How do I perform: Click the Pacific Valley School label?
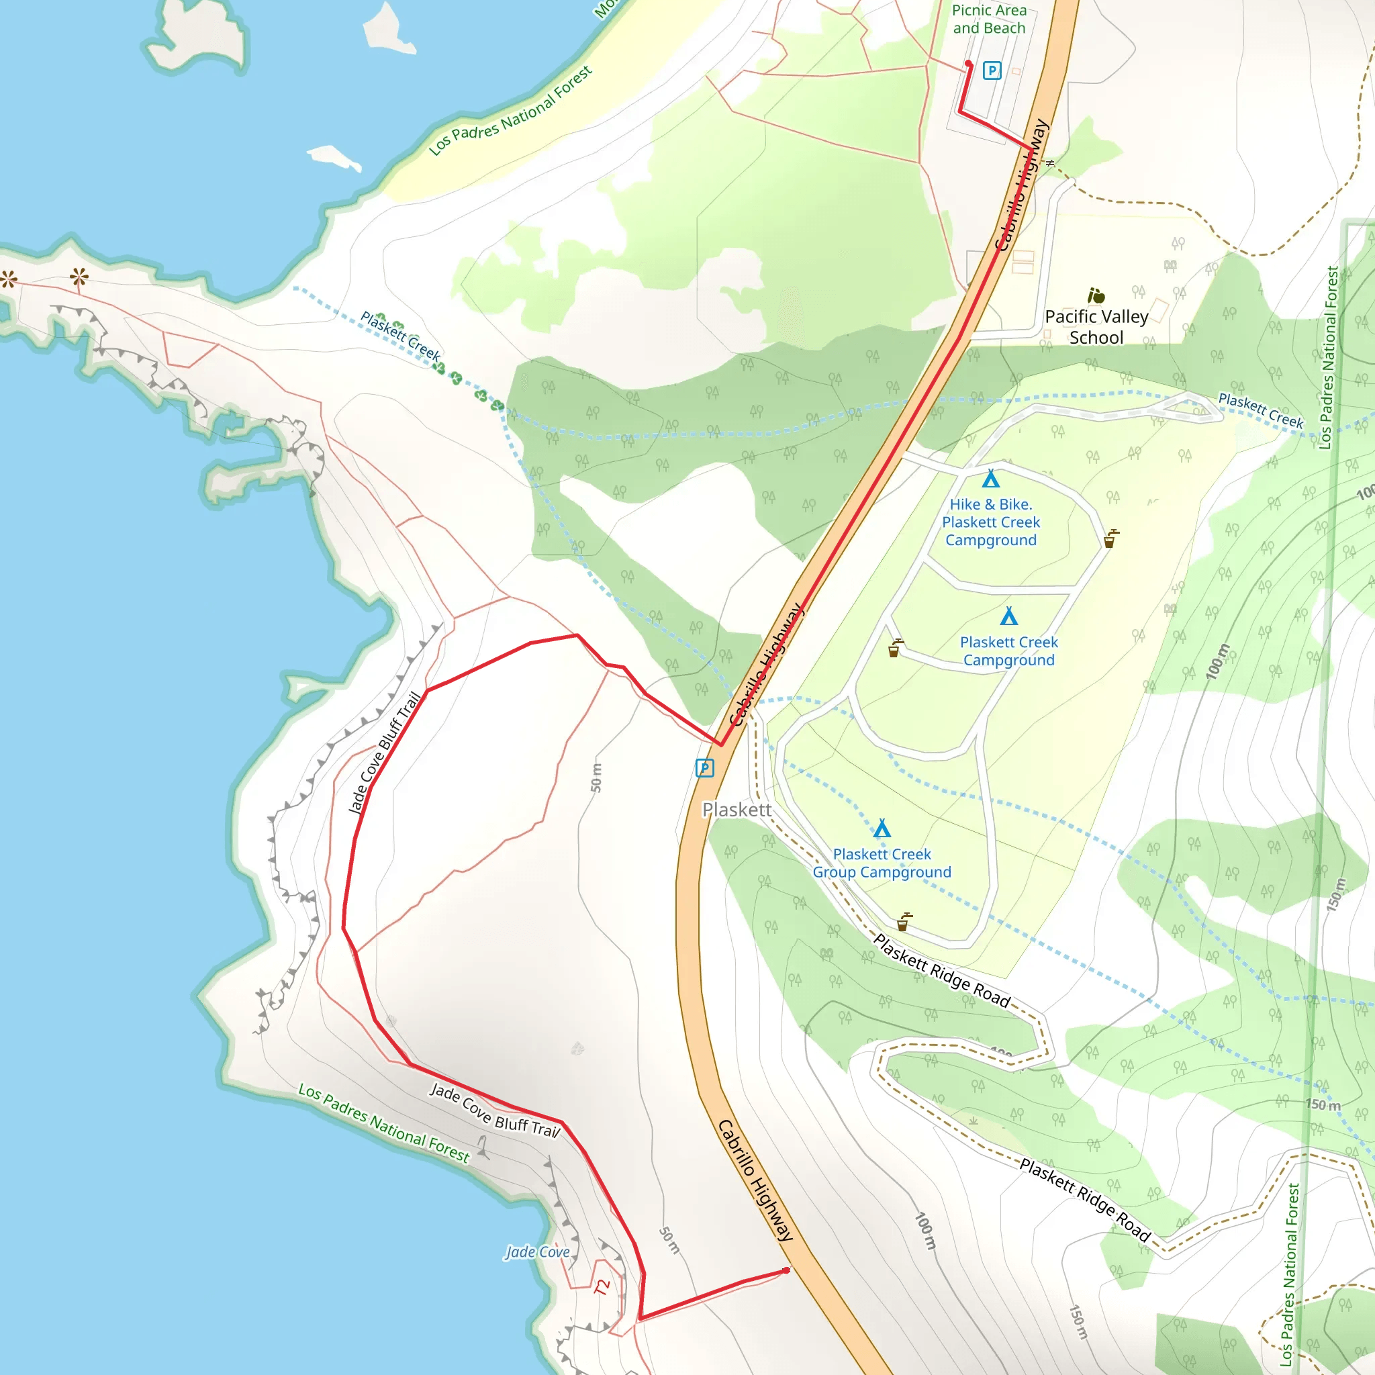click(x=1096, y=327)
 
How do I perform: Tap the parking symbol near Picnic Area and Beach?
click(x=992, y=70)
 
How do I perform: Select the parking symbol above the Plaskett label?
click(x=704, y=768)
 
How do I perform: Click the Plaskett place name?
click(x=737, y=809)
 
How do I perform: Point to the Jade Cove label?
click(x=537, y=1252)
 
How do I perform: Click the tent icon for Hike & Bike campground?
click(x=991, y=478)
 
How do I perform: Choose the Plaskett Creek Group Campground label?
click(x=882, y=863)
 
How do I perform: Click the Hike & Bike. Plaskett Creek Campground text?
click(x=991, y=522)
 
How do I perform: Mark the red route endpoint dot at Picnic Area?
click(x=968, y=64)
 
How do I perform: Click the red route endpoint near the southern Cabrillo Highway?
click(x=786, y=1270)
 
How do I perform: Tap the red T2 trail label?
click(x=602, y=1287)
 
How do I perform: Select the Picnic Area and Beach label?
click(x=989, y=19)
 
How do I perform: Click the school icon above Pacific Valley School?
click(x=1096, y=295)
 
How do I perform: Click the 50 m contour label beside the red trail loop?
click(x=596, y=777)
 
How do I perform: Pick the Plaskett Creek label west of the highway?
click(x=401, y=335)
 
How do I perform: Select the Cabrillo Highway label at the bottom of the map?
click(x=755, y=1181)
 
